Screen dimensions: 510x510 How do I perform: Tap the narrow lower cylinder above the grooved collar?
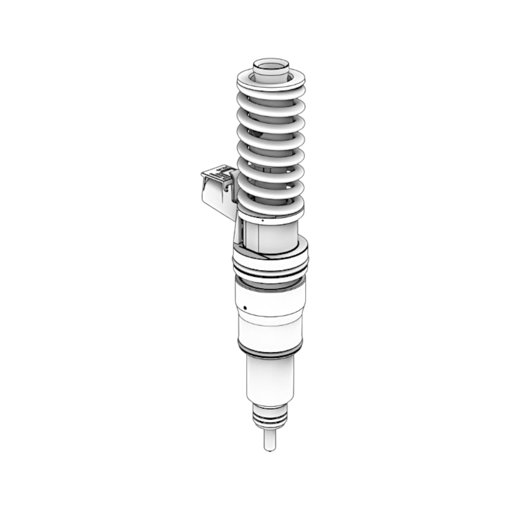click(x=270, y=381)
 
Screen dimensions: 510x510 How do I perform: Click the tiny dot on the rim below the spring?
click(x=263, y=220)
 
